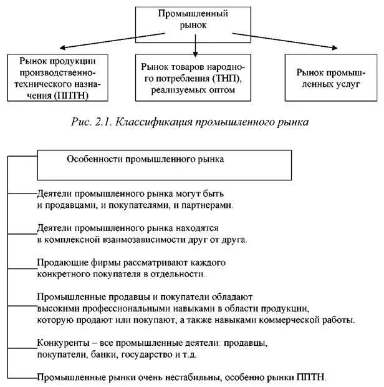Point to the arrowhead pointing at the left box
[x=62, y=47]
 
